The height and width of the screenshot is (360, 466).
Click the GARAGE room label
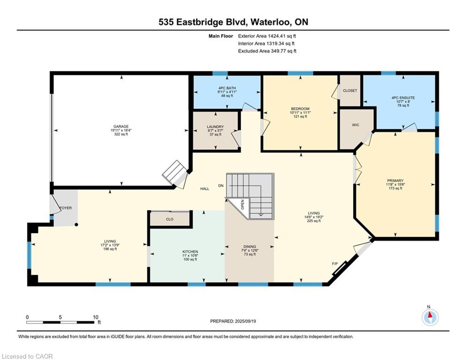click(121, 127)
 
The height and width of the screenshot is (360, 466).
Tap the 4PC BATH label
click(227, 88)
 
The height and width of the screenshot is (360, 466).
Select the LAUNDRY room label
click(215, 127)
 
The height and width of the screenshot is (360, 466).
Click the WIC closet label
click(355, 125)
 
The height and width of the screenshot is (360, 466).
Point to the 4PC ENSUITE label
click(403, 97)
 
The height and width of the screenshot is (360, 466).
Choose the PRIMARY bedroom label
click(395, 180)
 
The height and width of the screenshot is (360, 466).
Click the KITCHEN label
click(190, 252)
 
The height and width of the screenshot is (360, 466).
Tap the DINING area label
click(249, 247)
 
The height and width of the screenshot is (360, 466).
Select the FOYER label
click(66, 208)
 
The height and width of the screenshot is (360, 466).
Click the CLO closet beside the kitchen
click(170, 219)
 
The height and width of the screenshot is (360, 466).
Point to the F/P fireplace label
click(335, 264)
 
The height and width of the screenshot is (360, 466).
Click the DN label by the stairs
click(221, 186)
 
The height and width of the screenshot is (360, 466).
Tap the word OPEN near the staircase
click(242, 204)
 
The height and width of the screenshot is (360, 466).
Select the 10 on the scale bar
click(96, 317)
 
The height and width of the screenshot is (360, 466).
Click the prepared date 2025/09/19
click(245, 321)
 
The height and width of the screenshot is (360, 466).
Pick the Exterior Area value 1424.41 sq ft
click(282, 36)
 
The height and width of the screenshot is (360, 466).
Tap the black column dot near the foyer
click(76, 225)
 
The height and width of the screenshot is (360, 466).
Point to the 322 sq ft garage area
click(121, 134)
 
